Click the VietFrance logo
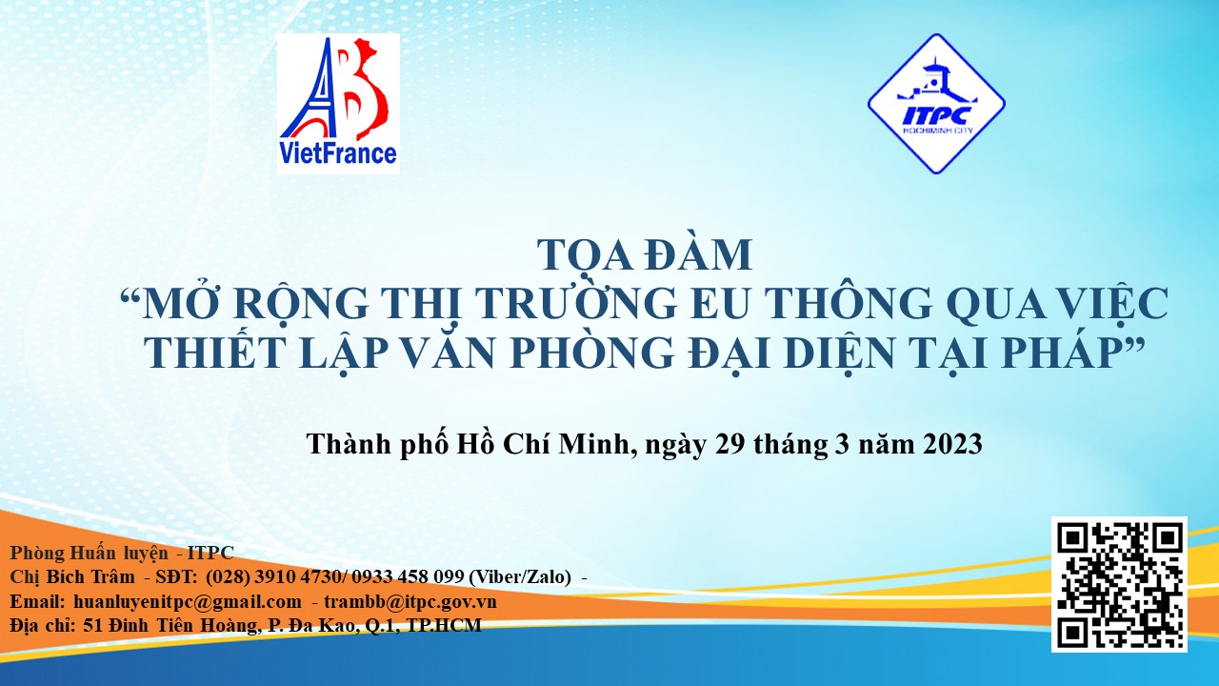click(x=338, y=104)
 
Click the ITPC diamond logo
click(x=936, y=104)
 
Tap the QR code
click(x=1119, y=584)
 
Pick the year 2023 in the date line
click(x=952, y=444)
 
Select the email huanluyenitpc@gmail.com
click(x=188, y=601)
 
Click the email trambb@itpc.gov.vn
click(x=410, y=601)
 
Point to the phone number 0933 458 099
click(x=409, y=576)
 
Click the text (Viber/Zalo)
click(x=520, y=577)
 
